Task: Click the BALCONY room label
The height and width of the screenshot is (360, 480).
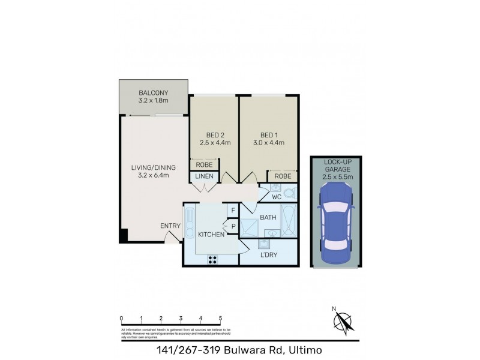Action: click(153, 93)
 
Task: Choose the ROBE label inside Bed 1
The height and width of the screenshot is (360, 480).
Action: click(283, 176)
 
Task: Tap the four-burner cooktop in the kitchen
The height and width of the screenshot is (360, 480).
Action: click(213, 259)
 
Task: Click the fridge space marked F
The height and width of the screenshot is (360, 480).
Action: click(232, 211)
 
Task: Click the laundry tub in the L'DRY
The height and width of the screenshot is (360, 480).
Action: click(265, 244)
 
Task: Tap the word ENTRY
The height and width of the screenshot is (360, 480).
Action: click(170, 226)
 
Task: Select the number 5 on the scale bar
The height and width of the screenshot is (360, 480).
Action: click(220, 318)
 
